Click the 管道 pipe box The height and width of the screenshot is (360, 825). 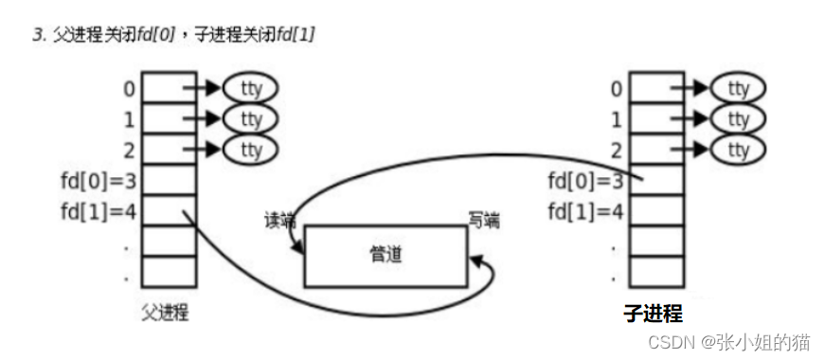385,256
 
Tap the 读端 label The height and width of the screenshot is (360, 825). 280,221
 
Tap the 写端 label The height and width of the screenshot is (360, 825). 483,221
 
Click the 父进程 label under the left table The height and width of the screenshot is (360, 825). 164,314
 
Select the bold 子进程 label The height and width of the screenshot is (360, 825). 653,314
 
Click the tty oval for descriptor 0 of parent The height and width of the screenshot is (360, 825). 250,89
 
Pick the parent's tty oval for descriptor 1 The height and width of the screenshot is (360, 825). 250,119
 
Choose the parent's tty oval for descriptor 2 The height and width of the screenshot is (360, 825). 250,150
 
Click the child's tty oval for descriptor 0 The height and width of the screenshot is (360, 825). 738,89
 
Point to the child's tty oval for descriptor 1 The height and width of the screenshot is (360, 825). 738,119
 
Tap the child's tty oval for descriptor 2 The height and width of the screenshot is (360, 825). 738,150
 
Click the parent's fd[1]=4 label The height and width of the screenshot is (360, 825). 98,210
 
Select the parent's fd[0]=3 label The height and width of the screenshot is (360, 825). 98,180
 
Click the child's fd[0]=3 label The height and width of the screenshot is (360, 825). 584,180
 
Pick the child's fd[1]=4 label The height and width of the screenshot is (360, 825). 584,210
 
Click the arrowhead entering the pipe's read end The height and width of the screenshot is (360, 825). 299,249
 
